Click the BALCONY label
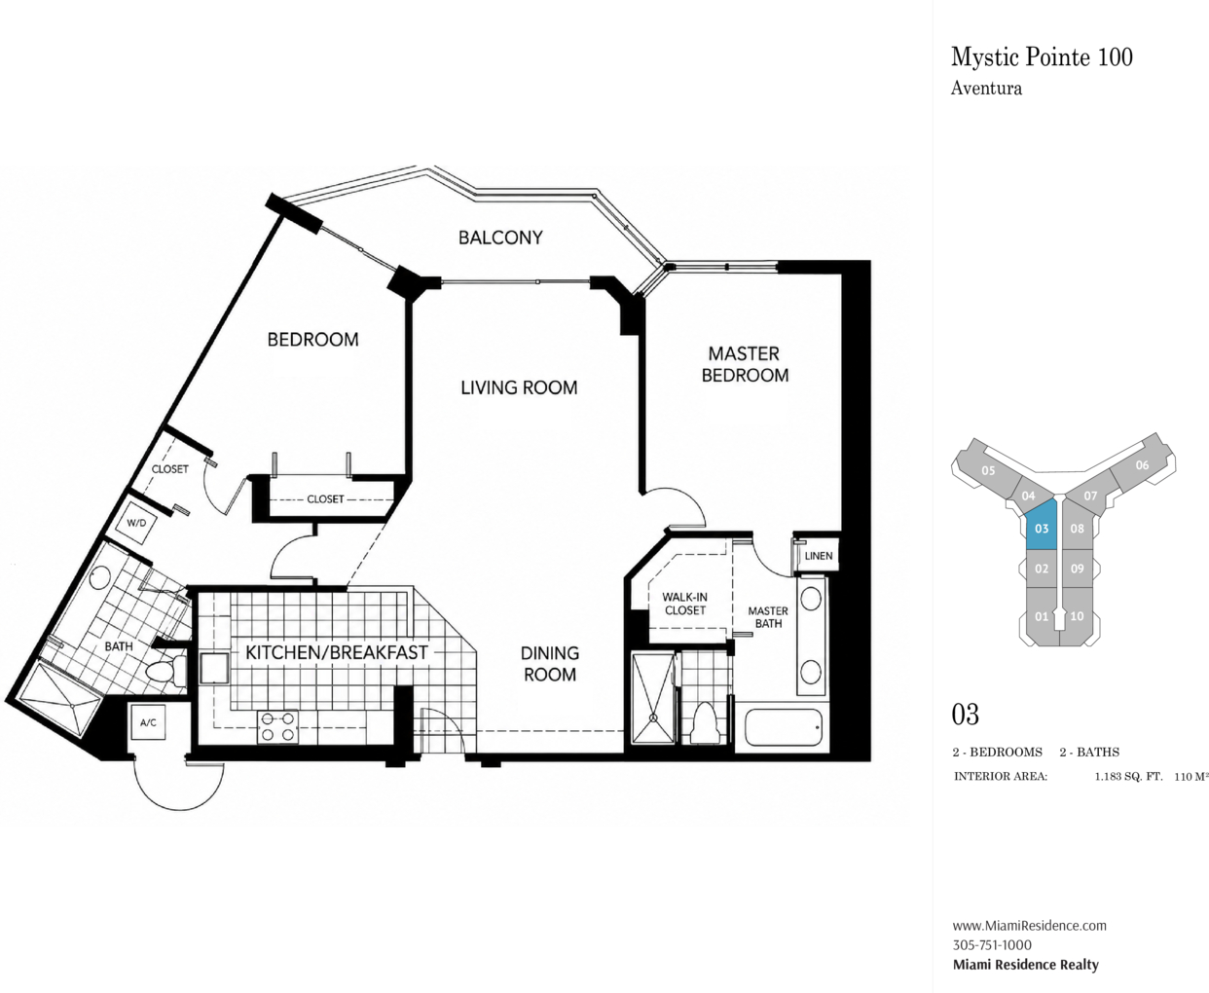[x=500, y=238]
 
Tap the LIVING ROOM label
[x=519, y=387]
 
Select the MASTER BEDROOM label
[x=745, y=364]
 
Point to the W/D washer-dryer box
[x=136, y=523]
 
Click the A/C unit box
[x=148, y=722]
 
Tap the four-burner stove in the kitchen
[x=278, y=727]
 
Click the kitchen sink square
[x=214, y=669]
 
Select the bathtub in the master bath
[x=783, y=727]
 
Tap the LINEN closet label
[x=818, y=556]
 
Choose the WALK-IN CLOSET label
[x=684, y=604]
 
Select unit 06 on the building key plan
[x=1142, y=465]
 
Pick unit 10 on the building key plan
[x=1078, y=616]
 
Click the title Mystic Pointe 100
[x=1042, y=56]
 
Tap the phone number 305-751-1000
[x=992, y=945]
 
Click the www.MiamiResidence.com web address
[x=1030, y=926]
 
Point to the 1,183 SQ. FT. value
[x=1129, y=776]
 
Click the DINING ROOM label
[x=550, y=663]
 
